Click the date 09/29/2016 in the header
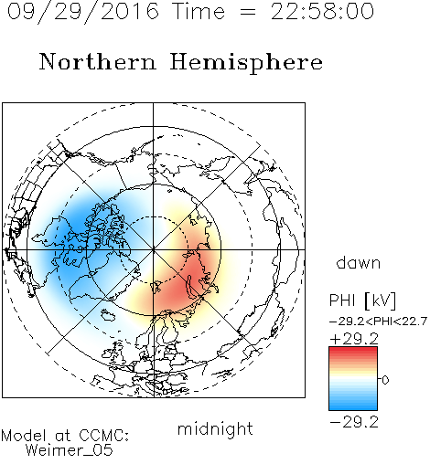[x=83, y=12]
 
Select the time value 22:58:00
[x=322, y=11]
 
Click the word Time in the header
[x=199, y=11]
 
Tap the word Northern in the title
[x=98, y=61]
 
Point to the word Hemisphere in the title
[x=246, y=63]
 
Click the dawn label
[x=359, y=262]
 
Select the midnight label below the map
[x=215, y=428]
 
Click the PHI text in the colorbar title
[x=342, y=301]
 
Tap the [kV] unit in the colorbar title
[x=380, y=301]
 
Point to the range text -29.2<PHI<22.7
[x=378, y=322]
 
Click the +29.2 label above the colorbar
[x=354, y=339]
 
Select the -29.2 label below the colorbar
[x=354, y=422]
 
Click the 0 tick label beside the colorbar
[x=385, y=380]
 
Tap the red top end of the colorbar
[x=353, y=350]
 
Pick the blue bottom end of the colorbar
[x=353, y=407]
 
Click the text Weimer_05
[x=70, y=450]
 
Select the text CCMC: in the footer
[x=103, y=436]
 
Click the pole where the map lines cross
[x=154, y=249]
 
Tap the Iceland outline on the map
[x=107, y=315]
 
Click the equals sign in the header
[x=248, y=12]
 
